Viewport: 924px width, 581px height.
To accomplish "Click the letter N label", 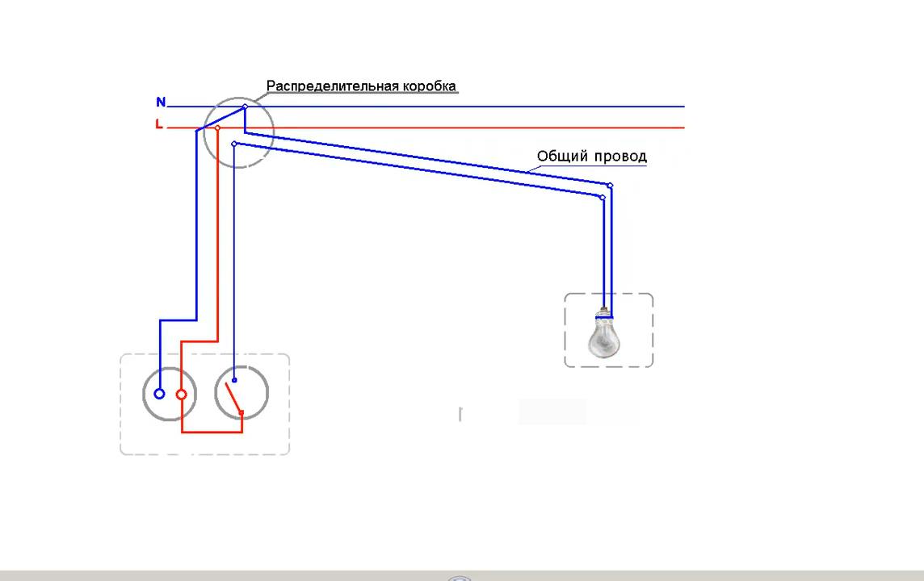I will click(161, 102).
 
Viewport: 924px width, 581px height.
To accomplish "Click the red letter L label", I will click(159, 124).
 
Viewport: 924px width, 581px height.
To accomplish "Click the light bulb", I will click(604, 337).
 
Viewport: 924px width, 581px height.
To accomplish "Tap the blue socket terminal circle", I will click(159, 394).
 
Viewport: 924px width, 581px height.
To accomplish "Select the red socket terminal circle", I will click(182, 395).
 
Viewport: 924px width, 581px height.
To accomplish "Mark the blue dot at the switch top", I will click(234, 380).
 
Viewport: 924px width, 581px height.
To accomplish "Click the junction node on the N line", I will click(245, 107).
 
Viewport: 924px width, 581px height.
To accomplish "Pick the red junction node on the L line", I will click(217, 127).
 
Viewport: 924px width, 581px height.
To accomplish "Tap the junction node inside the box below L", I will click(233, 144).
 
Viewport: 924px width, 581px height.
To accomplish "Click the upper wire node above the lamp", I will click(610, 186).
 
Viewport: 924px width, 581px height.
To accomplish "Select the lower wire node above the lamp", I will click(603, 197).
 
